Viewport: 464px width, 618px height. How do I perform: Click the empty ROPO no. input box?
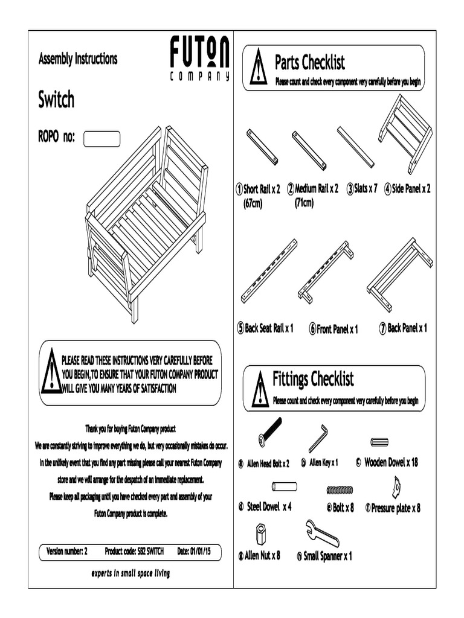101,139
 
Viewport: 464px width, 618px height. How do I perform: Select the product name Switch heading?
56,100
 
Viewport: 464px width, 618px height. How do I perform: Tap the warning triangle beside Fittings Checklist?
260,389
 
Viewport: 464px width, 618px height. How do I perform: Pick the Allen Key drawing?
318,438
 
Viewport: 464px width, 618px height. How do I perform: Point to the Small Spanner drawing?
322,533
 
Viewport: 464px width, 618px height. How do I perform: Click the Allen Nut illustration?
260,535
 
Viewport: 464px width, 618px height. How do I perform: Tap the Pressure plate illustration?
396,486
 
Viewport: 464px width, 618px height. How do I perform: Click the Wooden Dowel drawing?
379,442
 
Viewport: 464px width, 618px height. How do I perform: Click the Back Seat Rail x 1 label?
265,329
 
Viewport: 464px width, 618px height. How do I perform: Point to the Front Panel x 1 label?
333,330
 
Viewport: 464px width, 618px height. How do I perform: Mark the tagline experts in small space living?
130,573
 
